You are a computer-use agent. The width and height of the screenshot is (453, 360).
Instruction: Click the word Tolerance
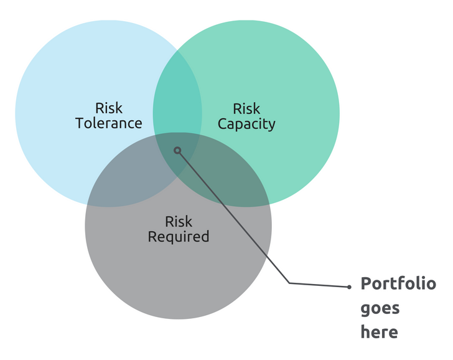pyautogui.click(x=109, y=123)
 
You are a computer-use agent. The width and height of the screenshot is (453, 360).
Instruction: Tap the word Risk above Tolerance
pyautogui.click(x=109, y=108)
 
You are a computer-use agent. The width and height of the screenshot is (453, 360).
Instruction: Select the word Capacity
pyautogui.click(x=246, y=125)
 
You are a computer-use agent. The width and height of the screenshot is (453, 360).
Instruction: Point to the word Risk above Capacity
pyautogui.click(x=246, y=109)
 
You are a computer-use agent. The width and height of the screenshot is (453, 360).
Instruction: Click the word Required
pyautogui.click(x=178, y=237)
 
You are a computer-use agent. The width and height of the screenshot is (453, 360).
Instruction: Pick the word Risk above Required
pyautogui.click(x=178, y=222)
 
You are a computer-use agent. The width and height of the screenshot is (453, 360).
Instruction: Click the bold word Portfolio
pyautogui.click(x=398, y=283)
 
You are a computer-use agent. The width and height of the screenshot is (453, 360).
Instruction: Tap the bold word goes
pyautogui.click(x=380, y=309)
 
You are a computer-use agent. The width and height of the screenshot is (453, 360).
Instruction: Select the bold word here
pyautogui.click(x=380, y=331)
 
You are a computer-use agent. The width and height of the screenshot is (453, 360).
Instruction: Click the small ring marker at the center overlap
pyautogui.click(x=177, y=150)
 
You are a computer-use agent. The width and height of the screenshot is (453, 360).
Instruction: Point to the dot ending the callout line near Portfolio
pyautogui.click(x=349, y=287)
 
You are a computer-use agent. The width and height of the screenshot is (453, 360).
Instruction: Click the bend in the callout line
pyautogui.click(x=289, y=283)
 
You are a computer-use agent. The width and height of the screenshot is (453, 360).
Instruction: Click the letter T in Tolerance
pyautogui.click(x=80, y=123)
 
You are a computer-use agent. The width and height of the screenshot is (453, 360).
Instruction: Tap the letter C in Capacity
pyautogui.click(x=223, y=124)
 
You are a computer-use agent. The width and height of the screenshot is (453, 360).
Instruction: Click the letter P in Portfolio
pyautogui.click(x=366, y=283)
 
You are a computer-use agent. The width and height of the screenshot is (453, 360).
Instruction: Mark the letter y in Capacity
pyautogui.click(x=272, y=126)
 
